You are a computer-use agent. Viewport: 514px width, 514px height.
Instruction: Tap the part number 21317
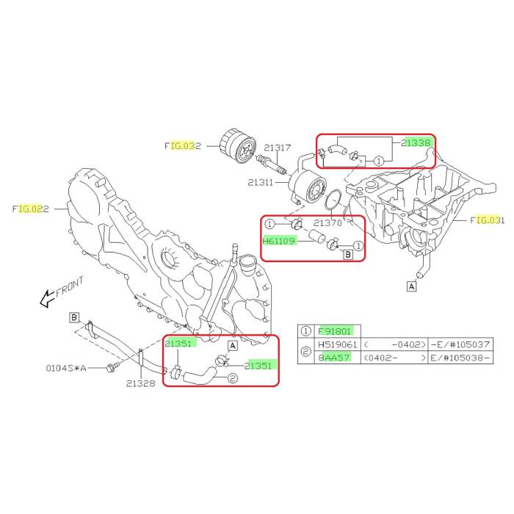(x=278, y=148)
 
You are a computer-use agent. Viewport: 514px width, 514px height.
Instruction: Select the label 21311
(x=260, y=182)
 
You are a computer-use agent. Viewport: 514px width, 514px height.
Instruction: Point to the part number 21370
(x=327, y=223)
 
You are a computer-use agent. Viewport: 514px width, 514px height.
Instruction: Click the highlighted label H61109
(x=279, y=241)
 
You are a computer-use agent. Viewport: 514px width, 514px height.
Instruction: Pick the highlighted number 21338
(x=416, y=142)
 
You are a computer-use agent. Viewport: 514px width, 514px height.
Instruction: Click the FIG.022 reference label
(x=31, y=209)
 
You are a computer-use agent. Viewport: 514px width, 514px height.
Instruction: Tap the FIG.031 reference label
(x=487, y=220)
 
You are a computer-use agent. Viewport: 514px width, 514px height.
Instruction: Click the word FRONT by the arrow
(x=70, y=286)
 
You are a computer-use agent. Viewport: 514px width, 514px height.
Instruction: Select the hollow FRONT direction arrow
(x=46, y=299)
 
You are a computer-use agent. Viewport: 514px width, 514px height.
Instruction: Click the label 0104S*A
(x=66, y=368)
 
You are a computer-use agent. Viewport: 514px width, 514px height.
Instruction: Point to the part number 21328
(x=141, y=383)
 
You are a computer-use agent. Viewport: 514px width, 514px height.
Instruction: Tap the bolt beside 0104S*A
(x=111, y=368)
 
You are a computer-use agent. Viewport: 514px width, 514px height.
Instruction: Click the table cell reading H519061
(x=337, y=344)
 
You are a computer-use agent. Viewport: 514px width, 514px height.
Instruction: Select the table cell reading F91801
(x=334, y=331)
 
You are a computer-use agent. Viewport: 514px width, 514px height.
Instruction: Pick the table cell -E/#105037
(x=460, y=344)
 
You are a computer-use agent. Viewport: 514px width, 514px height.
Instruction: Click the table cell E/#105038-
(x=460, y=358)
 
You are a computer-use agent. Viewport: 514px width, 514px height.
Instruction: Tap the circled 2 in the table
(x=305, y=351)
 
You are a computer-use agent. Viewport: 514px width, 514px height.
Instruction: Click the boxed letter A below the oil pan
(x=411, y=286)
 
